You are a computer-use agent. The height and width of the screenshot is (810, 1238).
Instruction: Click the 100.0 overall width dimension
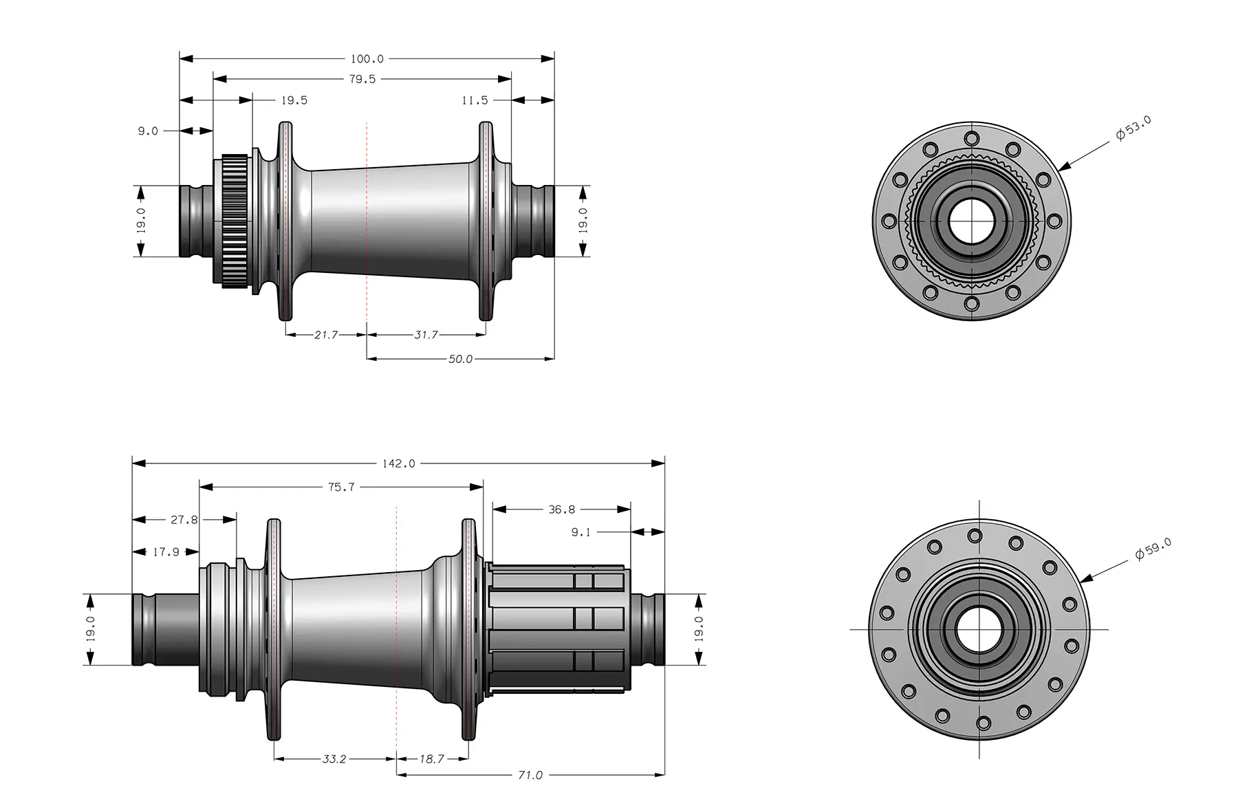[367, 59]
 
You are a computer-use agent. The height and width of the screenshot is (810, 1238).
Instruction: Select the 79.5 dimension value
[362, 79]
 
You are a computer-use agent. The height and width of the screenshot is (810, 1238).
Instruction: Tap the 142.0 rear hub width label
[399, 463]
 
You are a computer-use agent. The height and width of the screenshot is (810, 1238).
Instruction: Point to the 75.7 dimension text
[341, 487]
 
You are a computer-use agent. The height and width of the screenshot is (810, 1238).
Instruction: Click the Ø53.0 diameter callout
[1133, 129]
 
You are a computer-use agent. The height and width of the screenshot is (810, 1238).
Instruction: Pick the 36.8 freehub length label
[561, 510]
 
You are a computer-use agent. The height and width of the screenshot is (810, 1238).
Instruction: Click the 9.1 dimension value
[580, 532]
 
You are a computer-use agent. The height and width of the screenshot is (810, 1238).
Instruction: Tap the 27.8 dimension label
[184, 520]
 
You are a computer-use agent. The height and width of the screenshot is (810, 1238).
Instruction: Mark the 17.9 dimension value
[166, 551]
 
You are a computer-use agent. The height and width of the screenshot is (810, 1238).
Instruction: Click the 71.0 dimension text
[530, 775]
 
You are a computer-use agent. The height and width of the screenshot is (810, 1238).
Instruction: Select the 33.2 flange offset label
[334, 759]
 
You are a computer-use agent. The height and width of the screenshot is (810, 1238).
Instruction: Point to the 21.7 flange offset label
[325, 335]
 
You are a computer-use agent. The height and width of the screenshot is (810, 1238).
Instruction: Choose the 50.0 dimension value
[460, 359]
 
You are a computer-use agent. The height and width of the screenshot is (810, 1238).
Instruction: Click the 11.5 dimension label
[475, 100]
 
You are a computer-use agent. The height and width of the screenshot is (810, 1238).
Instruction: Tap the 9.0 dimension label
[148, 131]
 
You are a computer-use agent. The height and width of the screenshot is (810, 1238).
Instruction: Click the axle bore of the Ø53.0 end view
[970, 221]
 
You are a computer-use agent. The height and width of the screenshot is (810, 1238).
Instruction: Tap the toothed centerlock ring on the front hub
[235, 221]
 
